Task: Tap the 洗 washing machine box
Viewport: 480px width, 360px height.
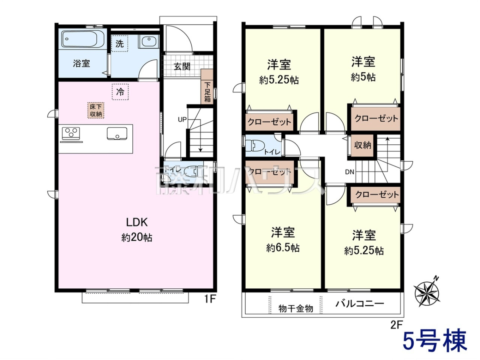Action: tap(119, 44)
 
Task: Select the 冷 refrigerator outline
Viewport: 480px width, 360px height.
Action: tap(120, 92)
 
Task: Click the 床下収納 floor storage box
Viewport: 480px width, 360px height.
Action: tap(96, 110)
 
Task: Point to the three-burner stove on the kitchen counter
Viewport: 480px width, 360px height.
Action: tap(71, 133)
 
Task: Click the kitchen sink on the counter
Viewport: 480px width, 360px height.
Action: tap(117, 134)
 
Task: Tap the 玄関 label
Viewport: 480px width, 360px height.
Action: tap(182, 66)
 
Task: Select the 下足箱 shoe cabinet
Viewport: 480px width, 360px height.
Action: tap(207, 86)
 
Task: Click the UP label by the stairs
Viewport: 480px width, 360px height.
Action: tap(182, 120)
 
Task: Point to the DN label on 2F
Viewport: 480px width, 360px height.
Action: tap(350, 172)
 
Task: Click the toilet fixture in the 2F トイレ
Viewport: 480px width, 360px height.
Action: tap(255, 146)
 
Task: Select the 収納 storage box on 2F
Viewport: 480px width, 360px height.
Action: tap(362, 146)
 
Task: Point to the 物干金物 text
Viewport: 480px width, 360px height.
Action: tap(296, 309)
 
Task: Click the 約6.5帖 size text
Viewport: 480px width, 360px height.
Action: tap(283, 248)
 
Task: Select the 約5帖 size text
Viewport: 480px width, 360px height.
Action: tap(363, 77)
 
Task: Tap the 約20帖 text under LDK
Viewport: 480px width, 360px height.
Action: tap(137, 237)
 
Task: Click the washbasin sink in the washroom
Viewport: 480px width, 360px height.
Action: tap(149, 41)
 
